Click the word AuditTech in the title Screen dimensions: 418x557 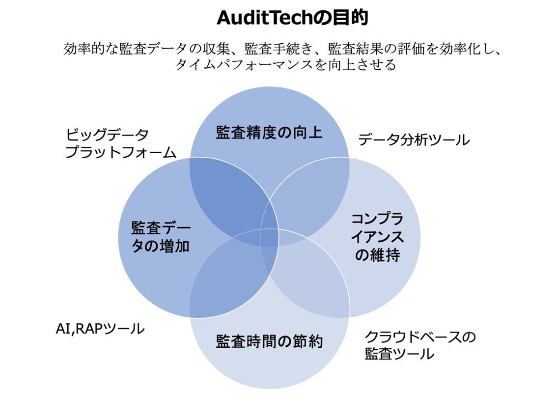[x=266, y=18]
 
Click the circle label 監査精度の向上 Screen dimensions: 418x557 [x=269, y=133]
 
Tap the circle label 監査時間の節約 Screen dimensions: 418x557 [x=269, y=341]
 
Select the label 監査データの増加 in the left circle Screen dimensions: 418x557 [x=161, y=237]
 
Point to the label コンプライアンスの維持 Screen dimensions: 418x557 [x=377, y=237]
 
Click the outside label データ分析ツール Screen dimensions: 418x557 [x=414, y=140]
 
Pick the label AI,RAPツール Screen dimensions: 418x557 [x=100, y=328]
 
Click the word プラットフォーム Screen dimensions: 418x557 [x=120, y=152]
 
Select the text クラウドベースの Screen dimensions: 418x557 [x=420, y=337]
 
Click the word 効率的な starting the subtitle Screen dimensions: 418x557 [x=91, y=49]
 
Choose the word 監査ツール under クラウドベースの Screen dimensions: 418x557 [x=399, y=354]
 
